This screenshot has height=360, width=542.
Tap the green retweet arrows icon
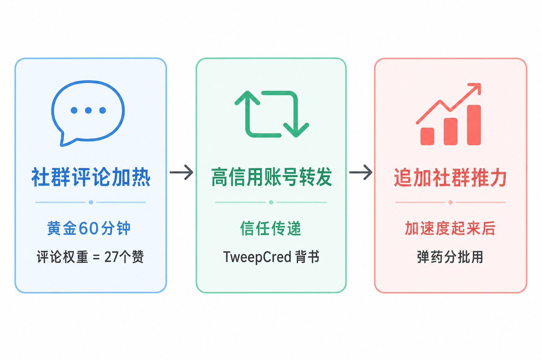pos(271,113)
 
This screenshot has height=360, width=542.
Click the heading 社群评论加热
pos(91,178)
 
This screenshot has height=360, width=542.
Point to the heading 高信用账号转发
pos(271,178)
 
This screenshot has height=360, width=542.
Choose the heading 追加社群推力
pos(450,178)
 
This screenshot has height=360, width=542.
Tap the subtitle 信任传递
pos(271,229)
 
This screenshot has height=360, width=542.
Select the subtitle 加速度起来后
pos(450,229)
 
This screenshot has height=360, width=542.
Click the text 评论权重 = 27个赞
pos(90,257)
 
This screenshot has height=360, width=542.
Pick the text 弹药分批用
pos(450,257)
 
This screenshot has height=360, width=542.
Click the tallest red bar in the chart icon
pos(474,125)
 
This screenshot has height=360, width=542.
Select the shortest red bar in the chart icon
pos(427,136)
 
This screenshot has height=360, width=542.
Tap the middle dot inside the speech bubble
pos(89,110)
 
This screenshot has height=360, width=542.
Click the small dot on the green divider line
pos(271,202)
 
